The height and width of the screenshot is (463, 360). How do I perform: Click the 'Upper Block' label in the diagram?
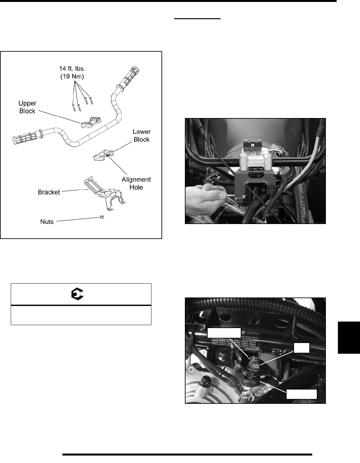click(27, 107)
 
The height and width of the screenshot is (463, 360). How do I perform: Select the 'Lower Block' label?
click(141, 136)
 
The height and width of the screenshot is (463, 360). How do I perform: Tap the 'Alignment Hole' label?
click(136, 183)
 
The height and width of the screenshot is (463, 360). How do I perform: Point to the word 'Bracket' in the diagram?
click(49, 192)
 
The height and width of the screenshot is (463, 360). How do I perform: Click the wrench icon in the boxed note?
click(77, 294)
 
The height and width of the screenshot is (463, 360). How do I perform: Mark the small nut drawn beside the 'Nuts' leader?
click(101, 217)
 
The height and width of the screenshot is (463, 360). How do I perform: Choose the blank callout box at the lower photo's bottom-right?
click(301, 394)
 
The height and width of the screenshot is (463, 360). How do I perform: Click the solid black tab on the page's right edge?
click(348, 337)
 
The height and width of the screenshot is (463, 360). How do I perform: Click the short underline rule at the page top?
click(198, 19)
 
